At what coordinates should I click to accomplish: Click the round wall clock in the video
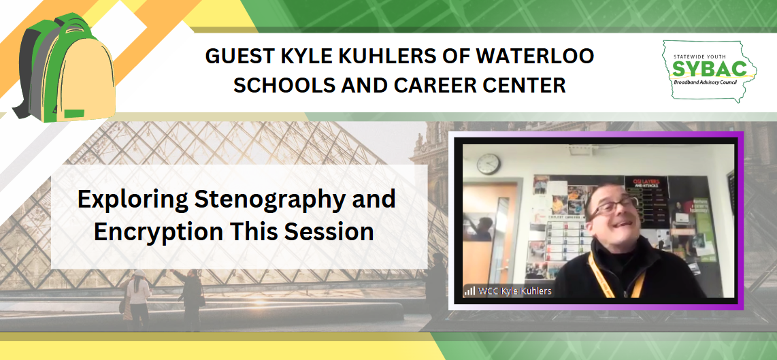(488, 163)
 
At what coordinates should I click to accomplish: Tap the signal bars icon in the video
(469, 291)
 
